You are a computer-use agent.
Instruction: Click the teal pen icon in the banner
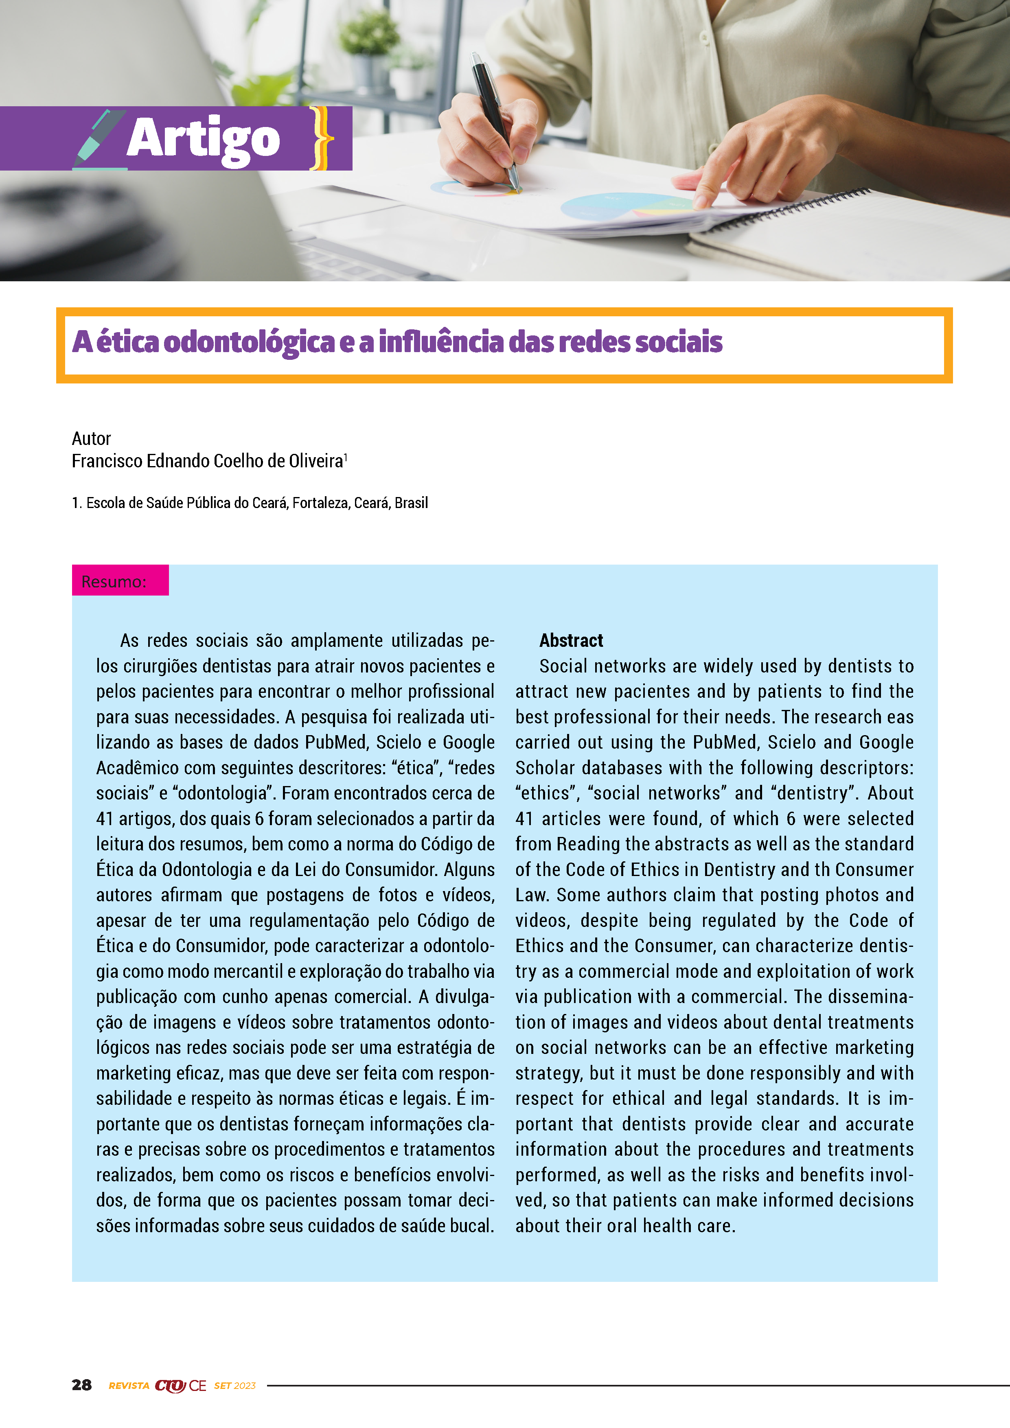(x=98, y=140)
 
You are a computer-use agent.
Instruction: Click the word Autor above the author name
(x=91, y=438)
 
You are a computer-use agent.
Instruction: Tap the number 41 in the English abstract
(x=524, y=819)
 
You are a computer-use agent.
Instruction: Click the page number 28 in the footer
(x=81, y=1384)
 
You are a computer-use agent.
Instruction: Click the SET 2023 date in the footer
(x=234, y=1385)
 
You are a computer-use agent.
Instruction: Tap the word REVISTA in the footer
(x=129, y=1385)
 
